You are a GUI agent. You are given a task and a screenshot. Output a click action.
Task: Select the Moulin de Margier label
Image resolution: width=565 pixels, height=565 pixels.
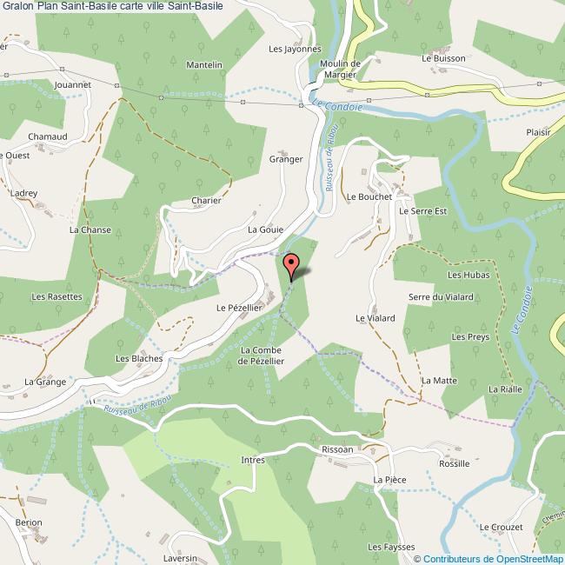(x=339, y=69)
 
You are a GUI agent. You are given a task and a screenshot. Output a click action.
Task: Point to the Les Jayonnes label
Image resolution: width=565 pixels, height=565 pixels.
(x=296, y=50)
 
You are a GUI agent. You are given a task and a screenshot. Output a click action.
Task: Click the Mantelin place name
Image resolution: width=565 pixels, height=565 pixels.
(x=205, y=65)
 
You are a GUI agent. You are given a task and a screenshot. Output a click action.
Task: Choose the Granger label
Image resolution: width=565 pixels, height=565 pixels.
(x=286, y=159)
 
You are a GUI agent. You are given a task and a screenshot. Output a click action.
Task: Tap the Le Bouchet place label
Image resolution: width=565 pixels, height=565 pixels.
(x=369, y=197)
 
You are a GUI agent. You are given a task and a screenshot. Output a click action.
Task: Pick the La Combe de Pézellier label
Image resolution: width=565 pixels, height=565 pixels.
(x=256, y=356)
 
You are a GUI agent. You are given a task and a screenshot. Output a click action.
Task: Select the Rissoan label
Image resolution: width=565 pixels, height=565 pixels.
(x=337, y=450)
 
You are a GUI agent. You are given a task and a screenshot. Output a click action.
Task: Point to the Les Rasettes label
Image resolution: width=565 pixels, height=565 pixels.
(x=56, y=296)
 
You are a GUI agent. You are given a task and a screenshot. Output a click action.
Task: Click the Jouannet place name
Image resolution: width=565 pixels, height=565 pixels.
(x=72, y=85)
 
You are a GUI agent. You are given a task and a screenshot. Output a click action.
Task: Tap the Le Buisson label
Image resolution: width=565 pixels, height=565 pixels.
(x=444, y=59)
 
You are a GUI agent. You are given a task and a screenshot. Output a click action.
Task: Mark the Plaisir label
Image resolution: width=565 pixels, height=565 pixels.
(x=539, y=133)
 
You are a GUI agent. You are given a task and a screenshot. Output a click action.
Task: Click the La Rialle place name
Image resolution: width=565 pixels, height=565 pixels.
(x=505, y=389)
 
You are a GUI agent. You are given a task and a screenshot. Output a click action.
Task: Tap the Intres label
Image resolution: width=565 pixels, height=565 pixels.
(x=253, y=461)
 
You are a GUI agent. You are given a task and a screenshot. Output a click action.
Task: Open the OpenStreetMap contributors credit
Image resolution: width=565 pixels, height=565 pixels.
(x=492, y=559)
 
